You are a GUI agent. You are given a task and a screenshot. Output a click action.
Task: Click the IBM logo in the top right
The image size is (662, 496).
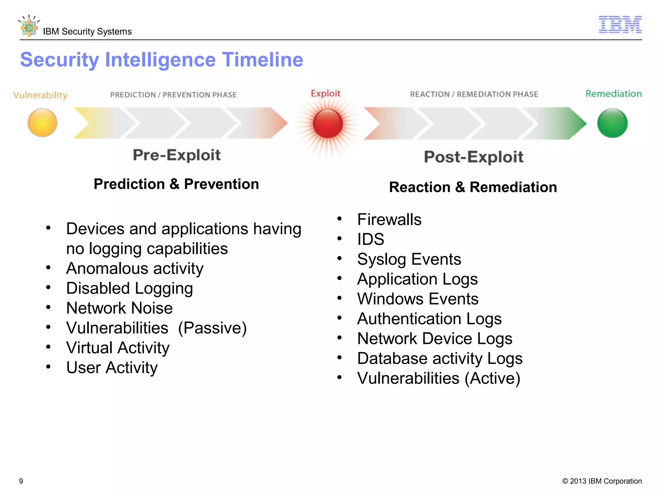pyautogui.click(x=620, y=25)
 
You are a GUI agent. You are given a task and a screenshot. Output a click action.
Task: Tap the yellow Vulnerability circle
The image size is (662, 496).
pyautogui.click(x=42, y=123)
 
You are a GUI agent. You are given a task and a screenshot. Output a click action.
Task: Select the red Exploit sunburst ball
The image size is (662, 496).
pyautogui.click(x=327, y=123)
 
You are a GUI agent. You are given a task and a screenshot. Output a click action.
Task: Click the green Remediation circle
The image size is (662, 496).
pyautogui.click(x=612, y=123)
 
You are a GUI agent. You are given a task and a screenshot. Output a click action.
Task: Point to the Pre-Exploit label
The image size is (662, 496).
pyautogui.click(x=176, y=155)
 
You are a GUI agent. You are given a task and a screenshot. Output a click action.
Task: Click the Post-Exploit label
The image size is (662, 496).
pyautogui.click(x=474, y=157)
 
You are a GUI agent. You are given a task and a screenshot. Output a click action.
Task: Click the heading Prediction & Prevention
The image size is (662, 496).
pyautogui.click(x=176, y=184)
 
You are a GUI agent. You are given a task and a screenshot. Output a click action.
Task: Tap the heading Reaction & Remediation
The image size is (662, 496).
pyautogui.click(x=473, y=187)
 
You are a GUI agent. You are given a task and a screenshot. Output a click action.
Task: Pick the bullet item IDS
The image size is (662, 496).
pyautogui.click(x=370, y=239)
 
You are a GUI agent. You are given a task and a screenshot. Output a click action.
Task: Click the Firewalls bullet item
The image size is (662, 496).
pyautogui.click(x=389, y=220)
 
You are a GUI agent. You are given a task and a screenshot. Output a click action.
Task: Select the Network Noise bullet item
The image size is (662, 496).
pyautogui.click(x=119, y=308)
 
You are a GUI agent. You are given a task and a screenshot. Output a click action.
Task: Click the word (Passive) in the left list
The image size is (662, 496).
pyautogui.click(x=212, y=328)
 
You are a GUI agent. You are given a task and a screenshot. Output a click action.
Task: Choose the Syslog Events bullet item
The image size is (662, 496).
pyautogui.click(x=409, y=259)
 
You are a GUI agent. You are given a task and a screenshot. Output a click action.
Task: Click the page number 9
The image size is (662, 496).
pyautogui.click(x=21, y=481)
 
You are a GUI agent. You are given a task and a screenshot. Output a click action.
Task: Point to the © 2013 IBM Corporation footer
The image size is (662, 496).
pyautogui.click(x=602, y=481)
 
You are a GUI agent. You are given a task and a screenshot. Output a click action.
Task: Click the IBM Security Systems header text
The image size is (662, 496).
pyautogui.click(x=87, y=32)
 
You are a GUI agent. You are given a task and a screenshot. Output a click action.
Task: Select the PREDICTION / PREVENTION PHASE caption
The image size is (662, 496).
pyautogui.click(x=173, y=95)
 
